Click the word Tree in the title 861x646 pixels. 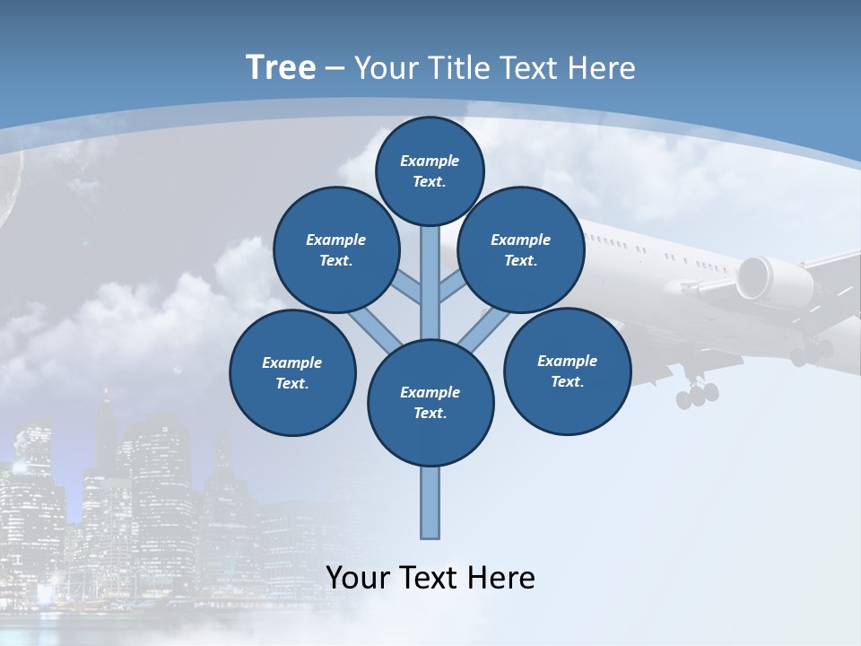pyautogui.click(x=281, y=67)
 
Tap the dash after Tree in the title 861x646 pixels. pyautogui.click(x=335, y=69)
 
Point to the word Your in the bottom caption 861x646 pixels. pyautogui.click(x=358, y=578)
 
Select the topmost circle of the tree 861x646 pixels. pyautogui.click(x=430, y=170)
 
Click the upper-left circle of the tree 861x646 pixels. pyautogui.click(x=335, y=249)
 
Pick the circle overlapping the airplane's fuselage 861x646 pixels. pyautogui.click(x=521, y=249)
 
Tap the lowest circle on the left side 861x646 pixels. pyautogui.click(x=292, y=372)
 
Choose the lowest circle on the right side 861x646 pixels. pyautogui.click(x=567, y=371)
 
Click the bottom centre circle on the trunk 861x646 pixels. pyautogui.click(x=430, y=402)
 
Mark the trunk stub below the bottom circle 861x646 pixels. pyautogui.click(x=430, y=502)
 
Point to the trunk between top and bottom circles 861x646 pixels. pyautogui.click(x=430, y=278)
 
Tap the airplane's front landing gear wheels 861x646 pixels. pyautogui.click(x=697, y=393)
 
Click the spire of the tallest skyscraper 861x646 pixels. pyautogui.click(x=106, y=404)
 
